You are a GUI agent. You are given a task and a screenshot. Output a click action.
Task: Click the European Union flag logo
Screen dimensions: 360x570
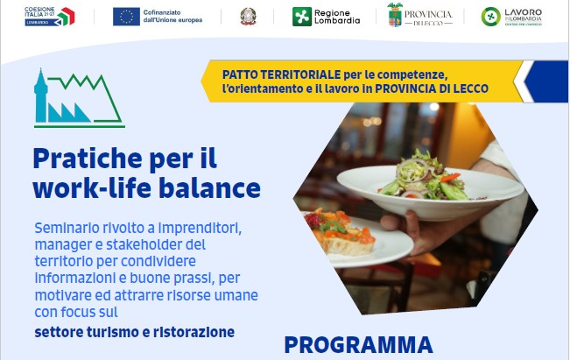coord(126,16)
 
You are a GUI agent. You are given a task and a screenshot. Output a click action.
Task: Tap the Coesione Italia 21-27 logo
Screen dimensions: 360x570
coord(49,16)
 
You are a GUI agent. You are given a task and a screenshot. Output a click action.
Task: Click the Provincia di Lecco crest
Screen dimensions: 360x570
coord(396,15)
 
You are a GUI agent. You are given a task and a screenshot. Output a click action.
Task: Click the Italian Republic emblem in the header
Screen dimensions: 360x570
coord(250,16)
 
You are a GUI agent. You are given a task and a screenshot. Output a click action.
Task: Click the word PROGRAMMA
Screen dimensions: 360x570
coord(358,345)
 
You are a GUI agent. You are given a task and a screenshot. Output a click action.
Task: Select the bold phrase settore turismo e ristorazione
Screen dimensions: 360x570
coord(135,332)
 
